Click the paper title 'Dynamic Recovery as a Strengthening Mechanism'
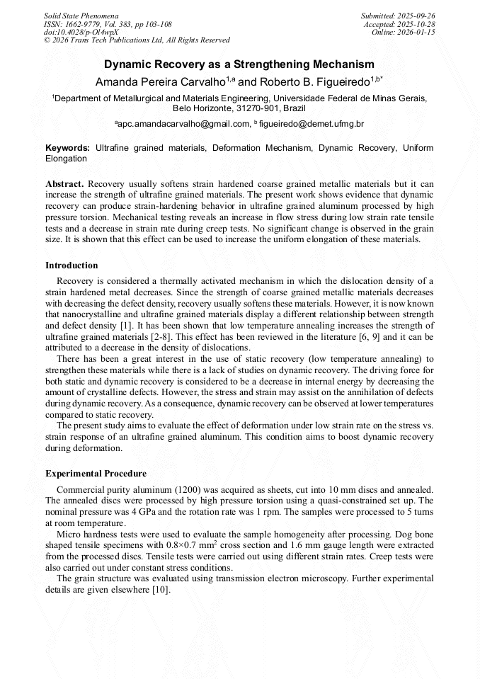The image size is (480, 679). coord(239,64)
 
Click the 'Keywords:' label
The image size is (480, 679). coord(68,148)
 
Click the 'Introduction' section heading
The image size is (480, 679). coord(72,266)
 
